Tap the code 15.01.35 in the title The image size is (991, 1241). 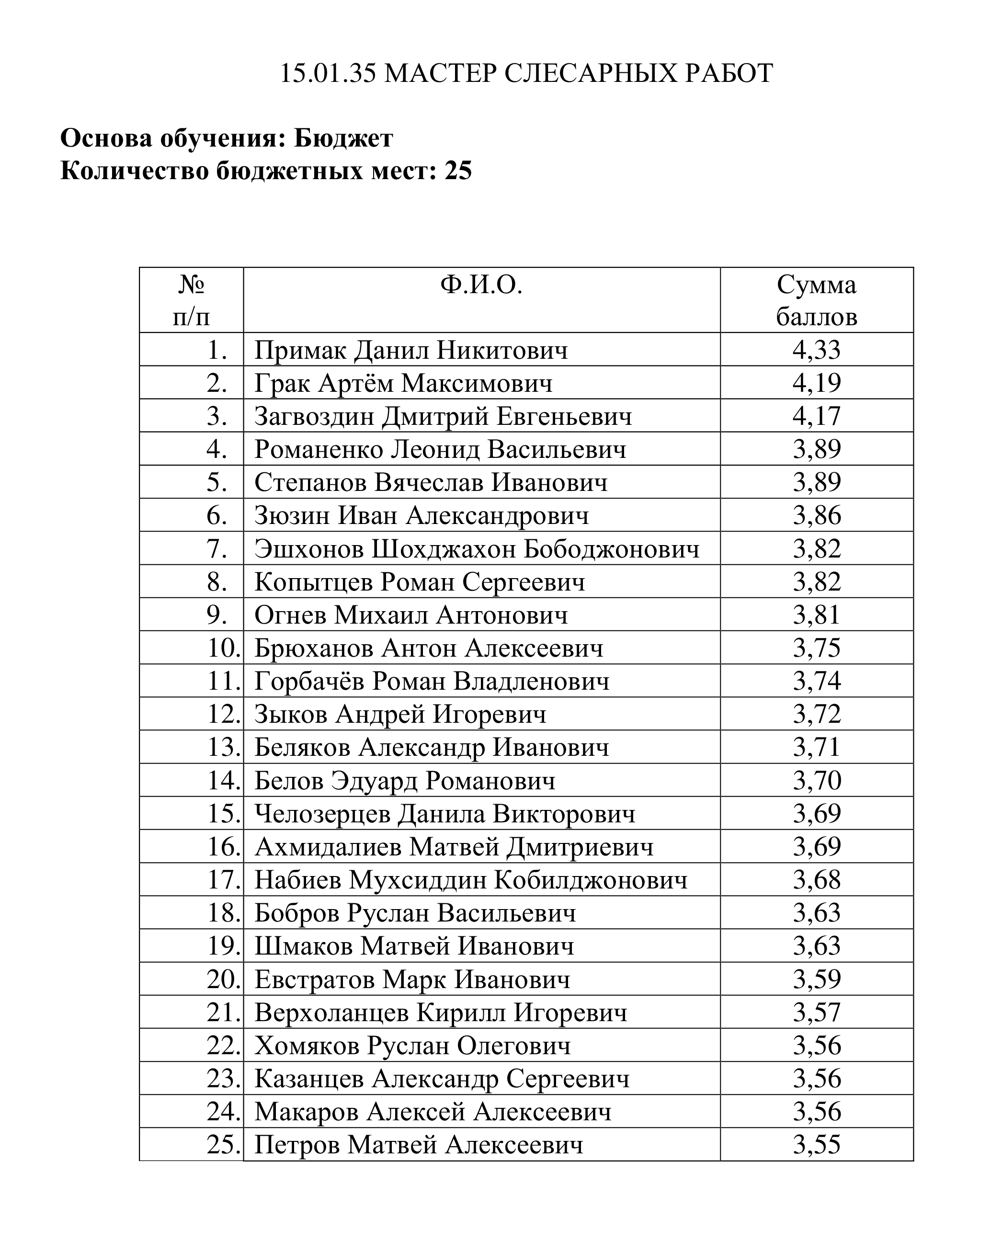tap(328, 74)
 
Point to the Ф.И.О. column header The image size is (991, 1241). tap(481, 285)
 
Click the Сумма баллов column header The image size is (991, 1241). tap(816, 300)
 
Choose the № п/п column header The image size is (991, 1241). tap(192, 300)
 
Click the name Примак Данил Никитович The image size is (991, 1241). tap(411, 350)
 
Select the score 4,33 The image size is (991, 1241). tap(816, 350)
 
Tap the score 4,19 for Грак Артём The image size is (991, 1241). tap(816, 383)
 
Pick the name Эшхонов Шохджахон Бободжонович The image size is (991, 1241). tap(477, 548)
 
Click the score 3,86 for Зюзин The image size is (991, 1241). tap(816, 515)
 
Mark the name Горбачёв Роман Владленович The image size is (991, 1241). tap(432, 682)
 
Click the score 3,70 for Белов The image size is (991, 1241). tap(816, 781)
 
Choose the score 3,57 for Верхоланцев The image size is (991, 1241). tap(816, 1013)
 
